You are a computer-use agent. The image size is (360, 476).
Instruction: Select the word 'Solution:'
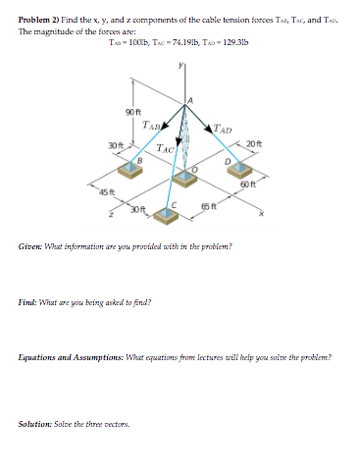click(x=36, y=425)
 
